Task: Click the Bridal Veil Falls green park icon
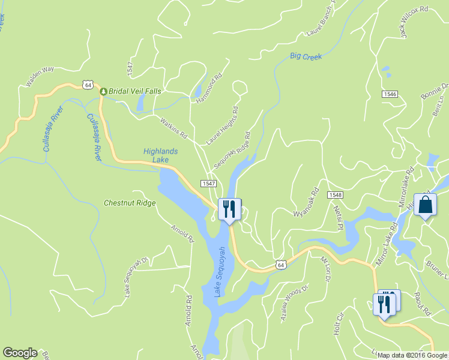[x=103, y=91]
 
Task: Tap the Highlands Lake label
[x=160, y=155]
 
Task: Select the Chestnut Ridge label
[x=130, y=203]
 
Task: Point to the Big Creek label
[x=306, y=56]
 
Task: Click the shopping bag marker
[x=425, y=205]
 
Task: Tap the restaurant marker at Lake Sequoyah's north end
[x=229, y=209]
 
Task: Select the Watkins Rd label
[x=173, y=128]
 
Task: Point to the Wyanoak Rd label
[x=305, y=205]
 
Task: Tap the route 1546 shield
[x=390, y=94]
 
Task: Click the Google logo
[x=20, y=353]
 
